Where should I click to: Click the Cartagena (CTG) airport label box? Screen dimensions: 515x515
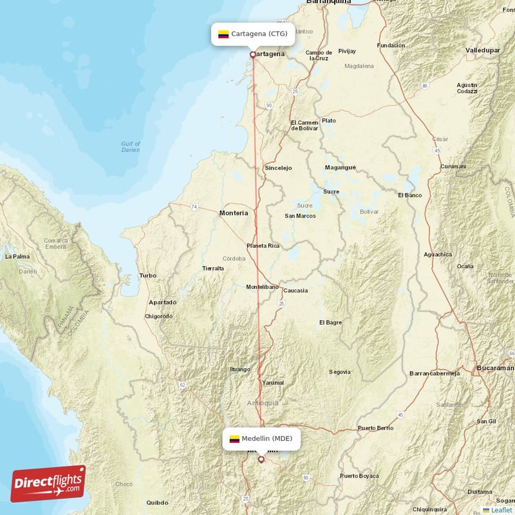(x=253, y=34)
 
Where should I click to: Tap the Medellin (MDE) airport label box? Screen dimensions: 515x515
(x=261, y=438)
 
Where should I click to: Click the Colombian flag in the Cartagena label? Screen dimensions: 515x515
(x=223, y=34)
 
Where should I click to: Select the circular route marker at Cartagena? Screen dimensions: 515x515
(x=253, y=55)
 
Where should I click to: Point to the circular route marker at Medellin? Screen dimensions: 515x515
(x=261, y=460)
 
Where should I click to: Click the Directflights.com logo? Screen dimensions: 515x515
(x=48, y=483)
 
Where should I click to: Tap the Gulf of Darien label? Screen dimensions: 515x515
(x=131, y=146)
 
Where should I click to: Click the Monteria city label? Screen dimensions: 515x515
(x=234, y=212)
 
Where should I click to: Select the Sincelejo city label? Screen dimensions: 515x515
(x=278, y=168)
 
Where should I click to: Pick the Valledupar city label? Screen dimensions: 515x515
(x=483, y=49)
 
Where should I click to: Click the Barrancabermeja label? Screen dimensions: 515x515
(x=435, y=373)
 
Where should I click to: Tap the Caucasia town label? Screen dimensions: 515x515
(x=295, y=290)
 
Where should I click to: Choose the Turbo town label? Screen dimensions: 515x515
(x=147, y=276)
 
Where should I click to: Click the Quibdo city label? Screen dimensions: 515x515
(x=158, y=503)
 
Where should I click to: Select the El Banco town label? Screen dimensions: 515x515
(x=409, y=194)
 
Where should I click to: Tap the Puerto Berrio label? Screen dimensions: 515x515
(x=375, y=428)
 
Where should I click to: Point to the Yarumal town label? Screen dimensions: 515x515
(x=272, y=383)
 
